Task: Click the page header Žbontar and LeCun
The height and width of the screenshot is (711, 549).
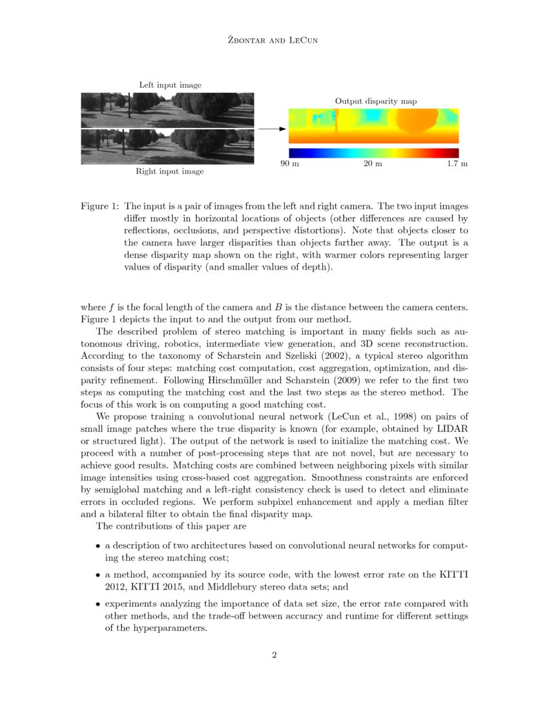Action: (274, 41)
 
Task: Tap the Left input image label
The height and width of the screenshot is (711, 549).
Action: (170, 85)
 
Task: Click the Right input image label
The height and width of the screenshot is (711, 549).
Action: (169, 171)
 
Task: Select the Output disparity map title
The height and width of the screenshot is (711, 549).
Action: (375, 101)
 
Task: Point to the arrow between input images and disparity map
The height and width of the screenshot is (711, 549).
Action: (271, 129)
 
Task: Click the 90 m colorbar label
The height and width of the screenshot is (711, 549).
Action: (289, 164)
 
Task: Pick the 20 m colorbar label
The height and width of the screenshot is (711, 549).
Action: (373, 164)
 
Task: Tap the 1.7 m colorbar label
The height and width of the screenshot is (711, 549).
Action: (457, 164)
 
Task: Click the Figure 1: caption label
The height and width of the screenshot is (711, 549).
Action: (99, 206)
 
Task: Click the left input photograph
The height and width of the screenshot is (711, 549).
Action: (167, 110)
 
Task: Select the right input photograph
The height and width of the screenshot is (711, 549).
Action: (167, 147)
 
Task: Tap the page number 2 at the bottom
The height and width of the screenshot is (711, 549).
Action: (274, 655)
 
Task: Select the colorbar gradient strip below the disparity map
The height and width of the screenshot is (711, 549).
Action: (373, 153)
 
